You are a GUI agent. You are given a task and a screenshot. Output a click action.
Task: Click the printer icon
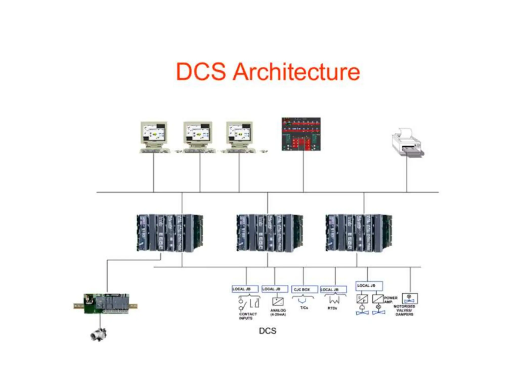407,143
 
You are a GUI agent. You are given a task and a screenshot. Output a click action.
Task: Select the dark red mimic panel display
301,134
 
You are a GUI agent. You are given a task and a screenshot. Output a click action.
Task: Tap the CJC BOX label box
305,289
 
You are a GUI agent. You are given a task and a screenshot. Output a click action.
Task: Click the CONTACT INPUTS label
248,316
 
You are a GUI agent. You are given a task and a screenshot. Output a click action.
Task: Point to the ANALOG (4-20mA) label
278,312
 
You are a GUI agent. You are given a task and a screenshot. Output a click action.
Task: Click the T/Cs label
304,308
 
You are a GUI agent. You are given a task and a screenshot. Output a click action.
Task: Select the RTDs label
332,308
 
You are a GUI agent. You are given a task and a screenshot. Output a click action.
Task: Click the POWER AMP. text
391,300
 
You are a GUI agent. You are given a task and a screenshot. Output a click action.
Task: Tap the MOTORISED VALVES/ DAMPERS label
404,310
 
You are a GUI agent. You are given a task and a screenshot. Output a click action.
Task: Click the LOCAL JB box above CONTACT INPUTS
245,289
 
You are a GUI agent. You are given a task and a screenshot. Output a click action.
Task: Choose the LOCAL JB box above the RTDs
333,289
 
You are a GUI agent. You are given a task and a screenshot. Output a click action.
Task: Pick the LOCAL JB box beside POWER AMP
369,286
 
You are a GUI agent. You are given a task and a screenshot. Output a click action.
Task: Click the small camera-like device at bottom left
99,334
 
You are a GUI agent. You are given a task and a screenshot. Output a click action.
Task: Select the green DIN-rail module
106,304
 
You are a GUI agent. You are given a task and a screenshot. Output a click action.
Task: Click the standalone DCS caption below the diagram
268,331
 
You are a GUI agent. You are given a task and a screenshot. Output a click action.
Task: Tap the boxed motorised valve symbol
409,299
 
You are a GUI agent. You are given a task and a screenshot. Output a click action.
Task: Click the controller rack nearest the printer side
359,233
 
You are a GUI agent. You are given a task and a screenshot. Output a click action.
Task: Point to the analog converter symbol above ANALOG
278,301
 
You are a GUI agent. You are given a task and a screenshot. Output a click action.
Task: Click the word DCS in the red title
201,72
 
